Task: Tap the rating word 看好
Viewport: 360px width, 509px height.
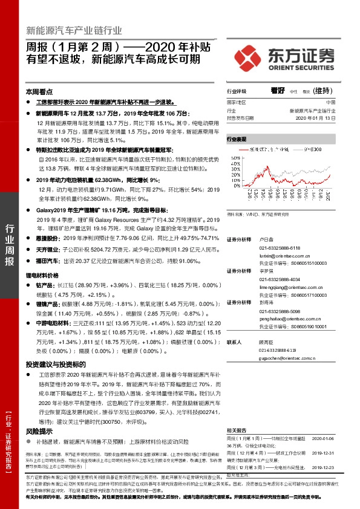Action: (x=278, y=91)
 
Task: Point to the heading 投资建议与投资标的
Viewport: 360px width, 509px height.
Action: (x=52, y=366)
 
